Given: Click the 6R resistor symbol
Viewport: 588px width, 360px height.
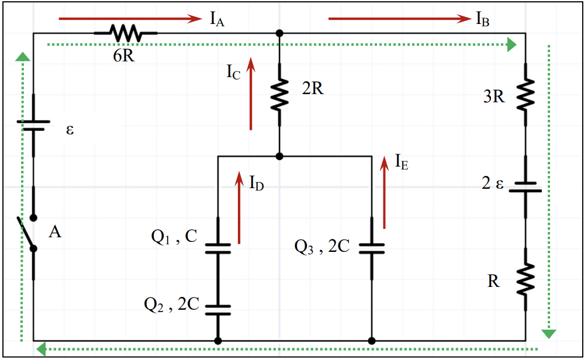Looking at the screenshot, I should [126, 33].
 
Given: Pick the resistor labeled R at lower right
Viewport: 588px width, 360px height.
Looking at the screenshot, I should [525, 279].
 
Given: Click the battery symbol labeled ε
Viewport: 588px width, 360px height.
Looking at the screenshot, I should [33, 126].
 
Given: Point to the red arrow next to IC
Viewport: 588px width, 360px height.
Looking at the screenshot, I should [251, 94].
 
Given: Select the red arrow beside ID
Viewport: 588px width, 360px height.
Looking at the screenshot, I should [239, 207].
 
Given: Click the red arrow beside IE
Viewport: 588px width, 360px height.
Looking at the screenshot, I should [384, 192].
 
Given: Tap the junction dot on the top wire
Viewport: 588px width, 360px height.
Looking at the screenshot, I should [279, 33].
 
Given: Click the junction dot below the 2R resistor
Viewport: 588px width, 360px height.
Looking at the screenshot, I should [279, 156].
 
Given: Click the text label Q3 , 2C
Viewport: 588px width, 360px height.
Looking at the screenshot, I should [321, 247].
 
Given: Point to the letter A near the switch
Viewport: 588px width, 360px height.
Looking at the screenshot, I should [55, 232].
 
